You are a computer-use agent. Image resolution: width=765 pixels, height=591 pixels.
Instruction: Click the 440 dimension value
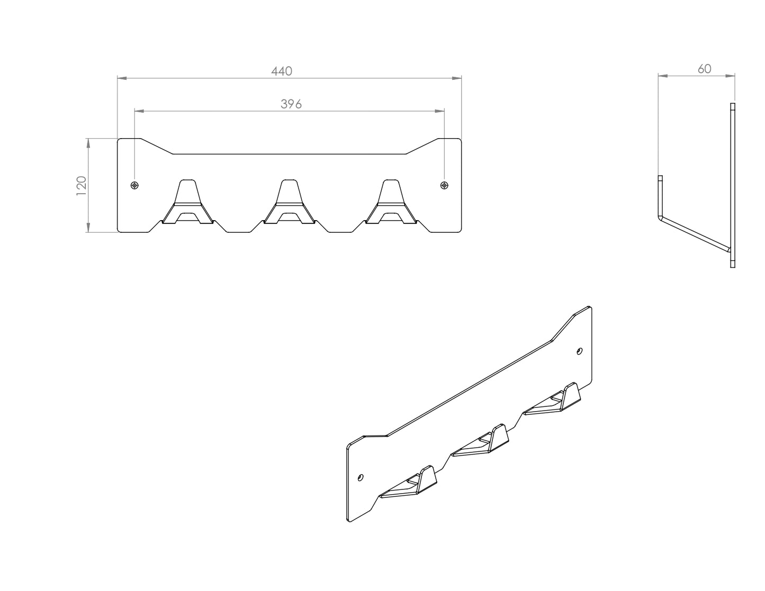pyautogui.click(x=282, y=71)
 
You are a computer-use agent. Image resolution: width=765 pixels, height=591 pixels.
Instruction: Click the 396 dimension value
pyautogui.click(x=291, y=104)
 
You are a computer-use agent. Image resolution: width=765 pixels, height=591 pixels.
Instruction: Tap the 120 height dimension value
pyautogui.click(x=82, y=186)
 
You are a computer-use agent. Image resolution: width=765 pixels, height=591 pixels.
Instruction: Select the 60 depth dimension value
pyautogui.click(x=705, y=69)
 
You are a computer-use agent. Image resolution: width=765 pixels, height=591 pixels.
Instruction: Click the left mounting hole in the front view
pyautogui.click(x=134, y=185)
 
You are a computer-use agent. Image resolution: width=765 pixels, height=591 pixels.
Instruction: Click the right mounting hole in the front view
pyautogui.click(x=444, y=185)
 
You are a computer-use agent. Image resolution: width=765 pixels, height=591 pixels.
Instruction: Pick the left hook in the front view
pyautogui.click(x=187, y=202)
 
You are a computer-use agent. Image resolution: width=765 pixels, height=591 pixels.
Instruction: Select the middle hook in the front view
pyautogui.click(x=289, y=202)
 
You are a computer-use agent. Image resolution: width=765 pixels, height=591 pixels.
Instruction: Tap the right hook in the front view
pyautogui.click(x=391, y=202)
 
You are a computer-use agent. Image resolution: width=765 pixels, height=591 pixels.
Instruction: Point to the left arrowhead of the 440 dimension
pyautogui.click(x=122, y=78)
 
